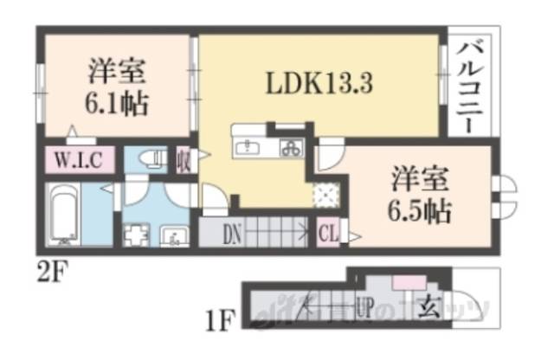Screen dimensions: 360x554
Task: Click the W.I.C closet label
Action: click(x=81, y=161)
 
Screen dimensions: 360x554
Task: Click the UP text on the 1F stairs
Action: click(x=364, y=306)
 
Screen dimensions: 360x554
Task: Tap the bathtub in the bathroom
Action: click(x=65, y=216)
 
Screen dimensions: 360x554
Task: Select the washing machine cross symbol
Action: click(x=136, y=235)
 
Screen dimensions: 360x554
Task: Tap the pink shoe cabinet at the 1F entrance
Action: click(x=405, y=282)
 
